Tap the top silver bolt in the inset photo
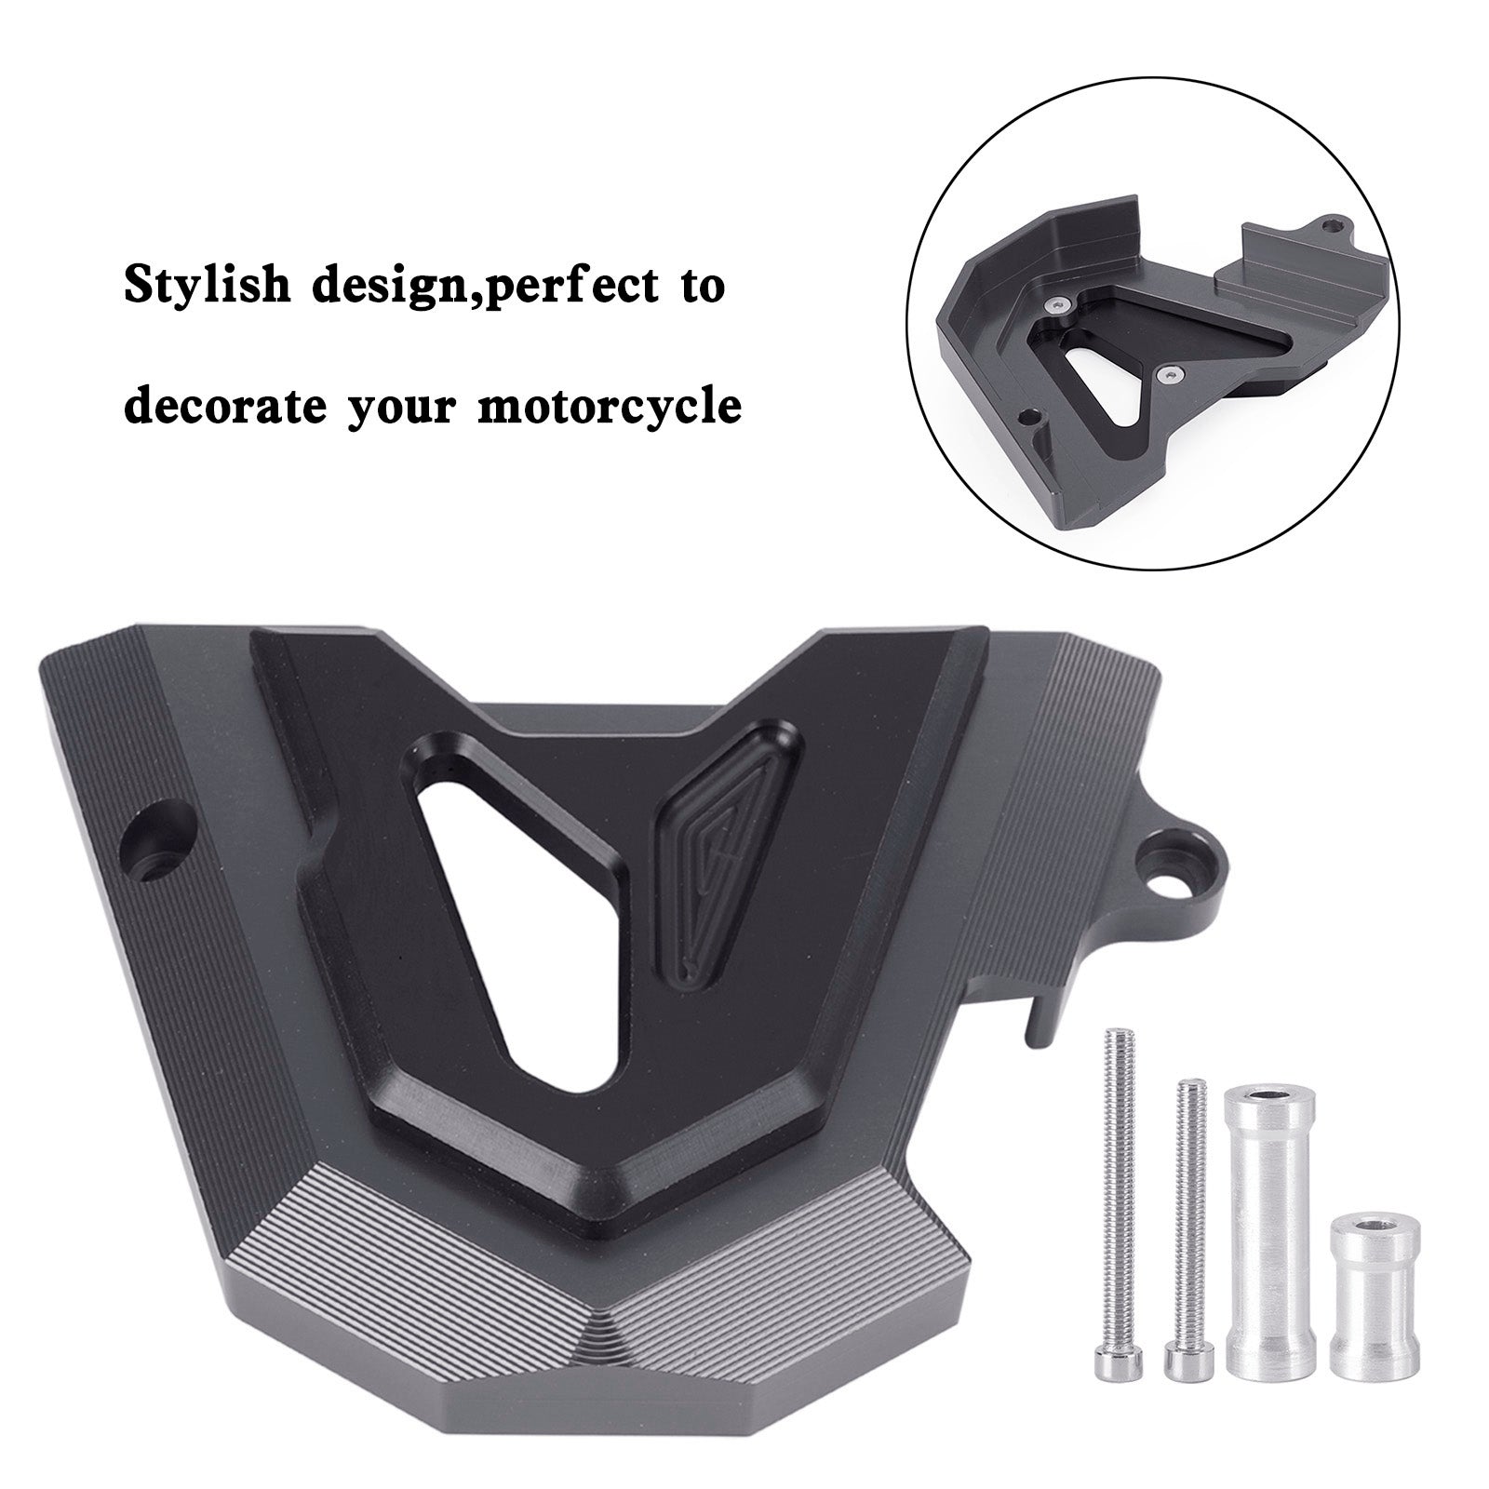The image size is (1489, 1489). [x=1053, y=304]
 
